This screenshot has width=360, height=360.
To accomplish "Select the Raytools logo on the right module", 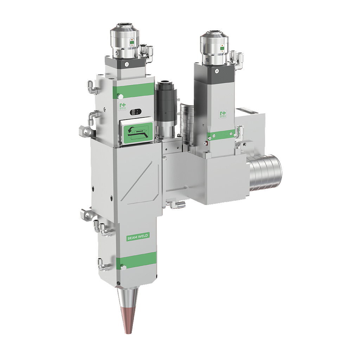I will tap(223, 115).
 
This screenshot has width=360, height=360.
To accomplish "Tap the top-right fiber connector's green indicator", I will tap(222, 49).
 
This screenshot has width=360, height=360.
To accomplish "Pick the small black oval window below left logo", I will tap(134, 112).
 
